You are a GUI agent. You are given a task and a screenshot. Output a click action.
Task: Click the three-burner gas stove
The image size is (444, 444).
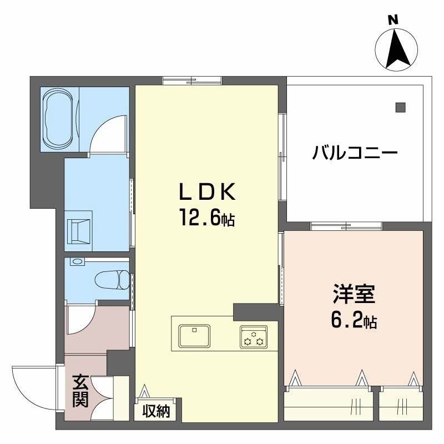click(254, 337)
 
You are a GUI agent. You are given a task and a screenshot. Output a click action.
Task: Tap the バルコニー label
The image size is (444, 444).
click(355, 152)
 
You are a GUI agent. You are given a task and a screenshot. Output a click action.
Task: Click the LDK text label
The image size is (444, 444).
click(206, 192)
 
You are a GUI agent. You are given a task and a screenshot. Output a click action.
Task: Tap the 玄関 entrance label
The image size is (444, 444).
click(80, 391)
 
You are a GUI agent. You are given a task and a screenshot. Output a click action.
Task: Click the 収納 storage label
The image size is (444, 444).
click(155, 411)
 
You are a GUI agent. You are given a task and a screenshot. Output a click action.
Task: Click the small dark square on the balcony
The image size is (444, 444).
click(400, 107)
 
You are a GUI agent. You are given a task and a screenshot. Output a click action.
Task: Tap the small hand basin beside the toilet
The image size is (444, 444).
click(77, 261)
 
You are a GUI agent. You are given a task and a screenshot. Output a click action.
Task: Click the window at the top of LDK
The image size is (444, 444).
click(191, 81)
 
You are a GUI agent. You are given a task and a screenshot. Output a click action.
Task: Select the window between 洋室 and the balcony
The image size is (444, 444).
click(346, 226)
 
